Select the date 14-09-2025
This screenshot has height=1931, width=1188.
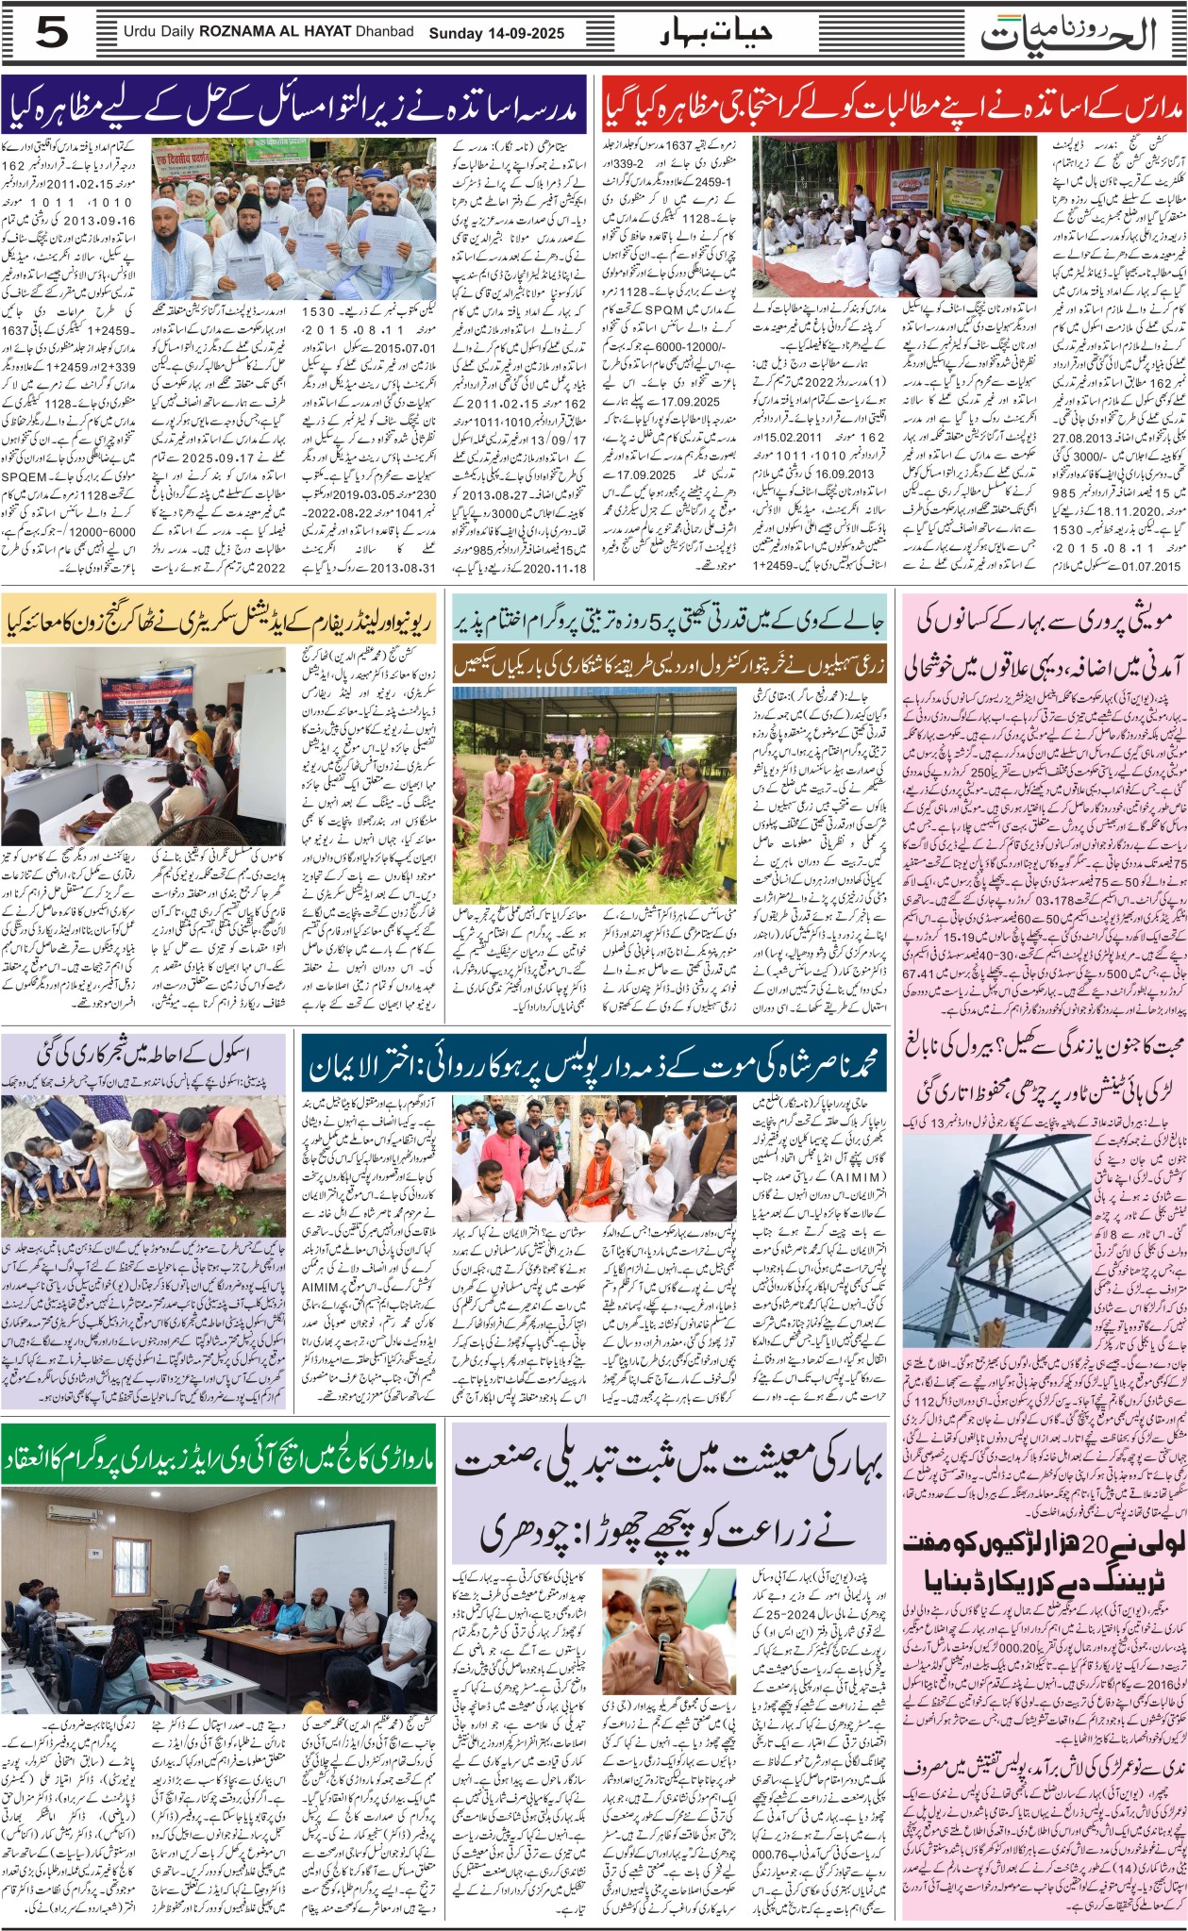pyautogui.click(x=523, y=33)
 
